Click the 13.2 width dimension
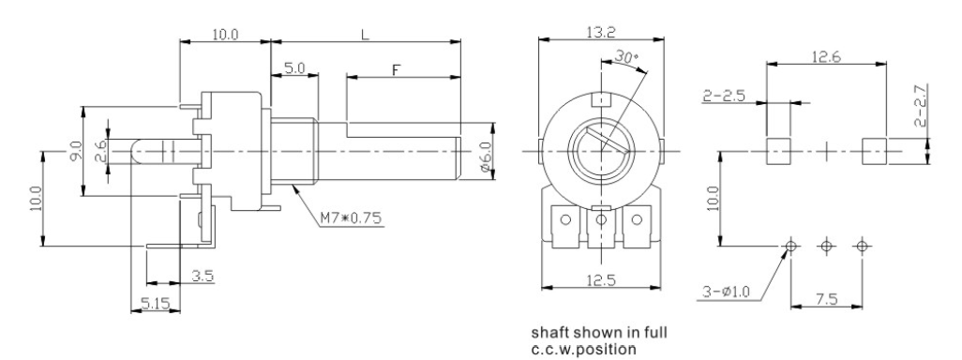pyautogui.click(x=601, y=32)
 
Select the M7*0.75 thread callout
pyautogui.click(x=351, y=217)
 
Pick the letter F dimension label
pyautogui.click(x=396, y=70)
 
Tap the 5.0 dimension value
pyautogui.click(x=294, y=67)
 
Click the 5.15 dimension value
pyautogui.click(x=155, y=302)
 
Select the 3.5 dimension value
pyautogui.click(x=202, y=276)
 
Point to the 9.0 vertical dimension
pyautogui.click(x=75, y=152)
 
